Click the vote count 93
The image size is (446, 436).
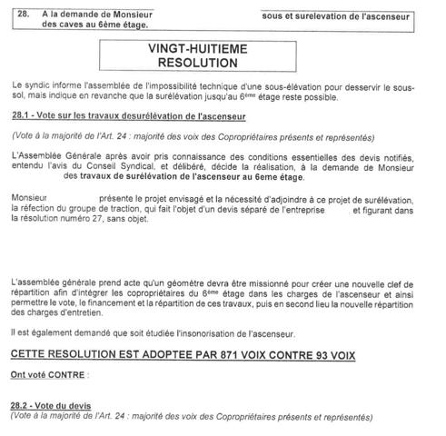(346, 352)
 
